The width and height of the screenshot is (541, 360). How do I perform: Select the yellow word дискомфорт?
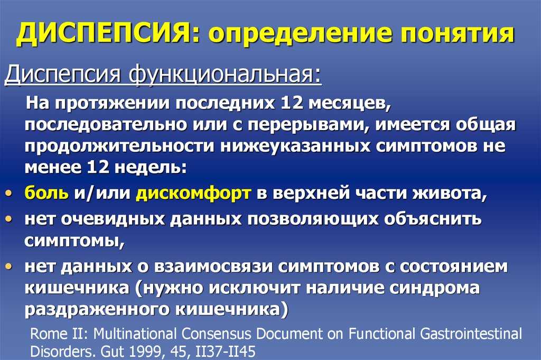(193, 193)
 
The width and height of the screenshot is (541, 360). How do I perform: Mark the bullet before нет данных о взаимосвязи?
(9, 266)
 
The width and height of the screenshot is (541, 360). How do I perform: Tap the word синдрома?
(435, 288)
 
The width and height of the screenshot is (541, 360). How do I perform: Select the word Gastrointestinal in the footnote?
(471, 334)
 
